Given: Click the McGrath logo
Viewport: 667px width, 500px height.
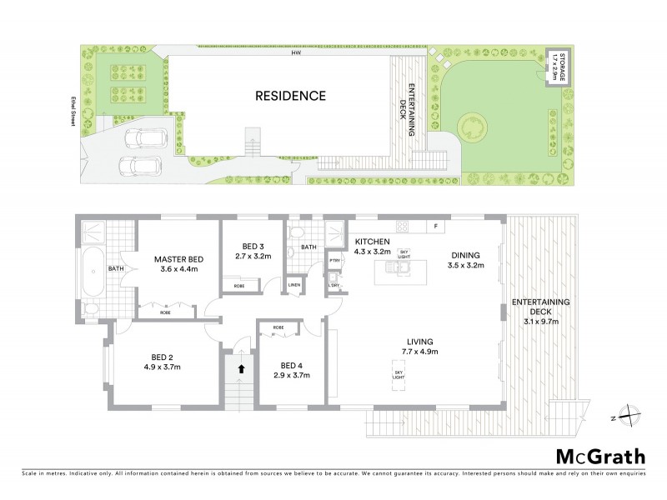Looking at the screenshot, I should (601, 456).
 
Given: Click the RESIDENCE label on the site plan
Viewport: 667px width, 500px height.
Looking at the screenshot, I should (290, 96).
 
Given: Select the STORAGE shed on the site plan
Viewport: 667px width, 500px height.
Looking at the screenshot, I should (555, 67).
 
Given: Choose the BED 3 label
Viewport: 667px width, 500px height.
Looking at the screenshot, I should (253, 247).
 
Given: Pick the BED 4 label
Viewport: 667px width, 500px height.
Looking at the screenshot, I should (291, 365).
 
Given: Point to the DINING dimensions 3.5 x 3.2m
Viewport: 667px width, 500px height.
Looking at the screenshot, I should (465, 267).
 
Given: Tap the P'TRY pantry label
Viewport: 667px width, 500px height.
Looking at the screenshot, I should (334, 260).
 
